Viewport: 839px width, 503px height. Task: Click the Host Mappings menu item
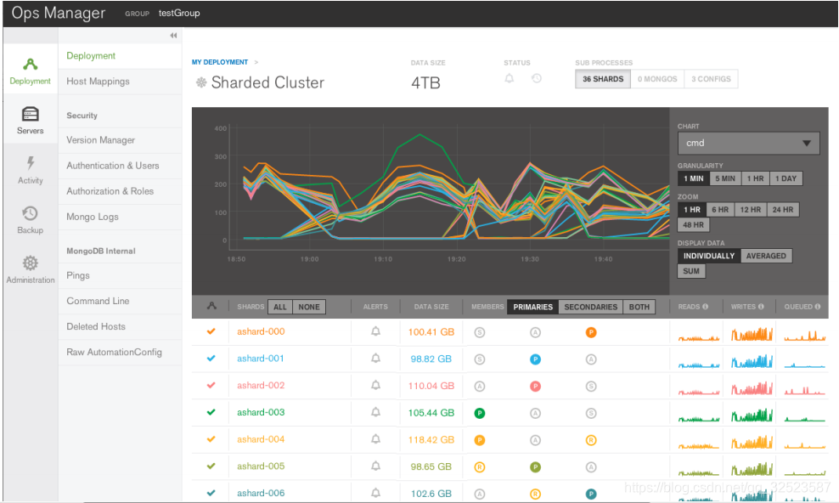coord(98,82)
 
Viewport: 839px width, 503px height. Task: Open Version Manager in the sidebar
coord(100,140)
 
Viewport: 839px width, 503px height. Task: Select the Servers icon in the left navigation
coord(31,120)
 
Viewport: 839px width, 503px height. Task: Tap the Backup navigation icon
coord(31,218)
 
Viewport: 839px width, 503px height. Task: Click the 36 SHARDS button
coord(603,79)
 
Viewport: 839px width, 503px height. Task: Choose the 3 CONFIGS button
coord(711,79)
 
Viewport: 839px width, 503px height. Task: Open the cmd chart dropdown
coord(748,144)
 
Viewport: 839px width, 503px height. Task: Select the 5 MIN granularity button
coord(724,179)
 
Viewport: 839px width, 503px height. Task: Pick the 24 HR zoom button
coord(782,210)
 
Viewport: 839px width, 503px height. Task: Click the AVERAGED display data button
coord(766,256)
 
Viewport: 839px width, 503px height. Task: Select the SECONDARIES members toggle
coord(590,307)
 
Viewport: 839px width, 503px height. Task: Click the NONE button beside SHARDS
coord(309,307)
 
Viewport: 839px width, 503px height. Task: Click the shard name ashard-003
coord(261,413)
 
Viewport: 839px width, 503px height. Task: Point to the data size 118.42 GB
coord(431,440)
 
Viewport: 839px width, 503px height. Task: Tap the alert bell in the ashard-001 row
coord(375,359)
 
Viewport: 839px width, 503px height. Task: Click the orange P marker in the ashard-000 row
coord(591,332)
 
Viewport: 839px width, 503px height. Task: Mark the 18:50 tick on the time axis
coord(236,259)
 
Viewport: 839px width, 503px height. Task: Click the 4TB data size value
coord(425,83)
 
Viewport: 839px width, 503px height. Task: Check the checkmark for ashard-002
coord(211,386)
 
